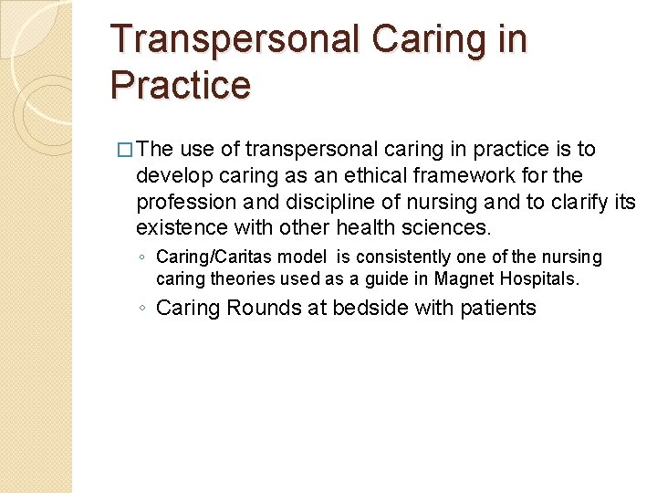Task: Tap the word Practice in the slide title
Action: pyautogui.click(x=180, y=85)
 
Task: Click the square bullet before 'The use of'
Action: pyautogui.click(x=125, y=150)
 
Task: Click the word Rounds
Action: pyautogui.click(x=263, y=308)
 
